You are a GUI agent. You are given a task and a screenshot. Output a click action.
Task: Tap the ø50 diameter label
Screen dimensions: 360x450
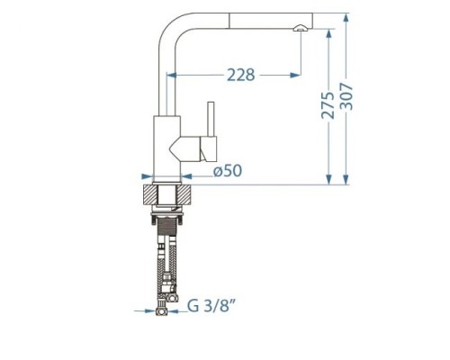(228, 171)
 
